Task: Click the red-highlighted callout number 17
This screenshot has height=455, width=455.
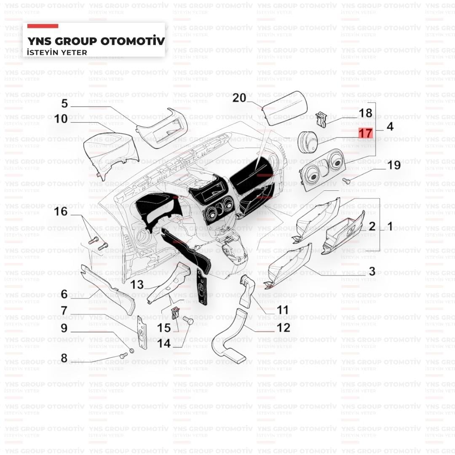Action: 365,133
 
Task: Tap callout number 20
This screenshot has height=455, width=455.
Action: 239,98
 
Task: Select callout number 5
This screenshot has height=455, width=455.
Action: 64,103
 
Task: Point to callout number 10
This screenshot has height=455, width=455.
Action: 61,119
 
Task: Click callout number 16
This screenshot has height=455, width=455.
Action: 61,211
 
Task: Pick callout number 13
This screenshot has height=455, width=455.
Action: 136,285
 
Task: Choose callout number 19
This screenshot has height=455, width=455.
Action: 394,165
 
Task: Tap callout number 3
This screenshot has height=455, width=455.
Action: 372,272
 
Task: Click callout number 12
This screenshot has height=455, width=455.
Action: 283,328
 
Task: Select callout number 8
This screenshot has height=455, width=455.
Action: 64,358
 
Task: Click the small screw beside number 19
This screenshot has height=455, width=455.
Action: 346,181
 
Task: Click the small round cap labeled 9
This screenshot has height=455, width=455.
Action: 131,351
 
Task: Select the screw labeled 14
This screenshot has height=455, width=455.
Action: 188,320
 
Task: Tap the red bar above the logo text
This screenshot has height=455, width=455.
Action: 43,26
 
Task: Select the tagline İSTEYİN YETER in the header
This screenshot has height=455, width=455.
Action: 57,53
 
